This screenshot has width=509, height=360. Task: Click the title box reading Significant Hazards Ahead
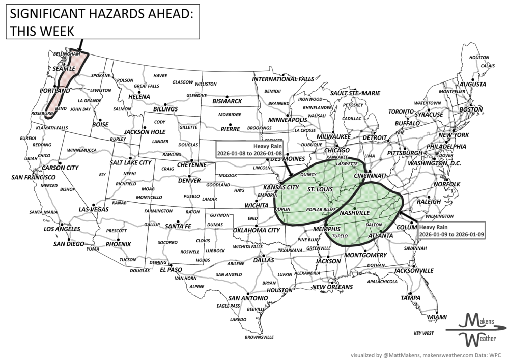pos(100,20)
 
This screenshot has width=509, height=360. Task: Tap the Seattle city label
pos(60,67)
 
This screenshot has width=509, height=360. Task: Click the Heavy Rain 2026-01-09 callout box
pos(450,230)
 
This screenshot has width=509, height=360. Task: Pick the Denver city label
pos(189,181)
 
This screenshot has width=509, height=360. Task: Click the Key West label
pos(424,333)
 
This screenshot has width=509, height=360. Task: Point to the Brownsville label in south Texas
pos(259,337)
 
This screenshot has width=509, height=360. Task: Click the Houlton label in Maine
pos(479,58)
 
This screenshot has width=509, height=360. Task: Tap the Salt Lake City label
pos(131,163)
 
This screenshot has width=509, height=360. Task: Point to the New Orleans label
pos(332,287)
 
